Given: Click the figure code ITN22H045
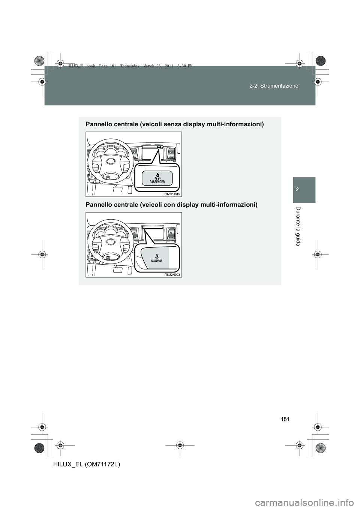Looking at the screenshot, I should pyautogui.click(x=172, y=194).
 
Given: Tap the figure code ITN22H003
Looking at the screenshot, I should pyautogui.click(x=172, y=275).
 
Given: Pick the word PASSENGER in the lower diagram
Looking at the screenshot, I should pyautogui.click(x=157, y=260).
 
